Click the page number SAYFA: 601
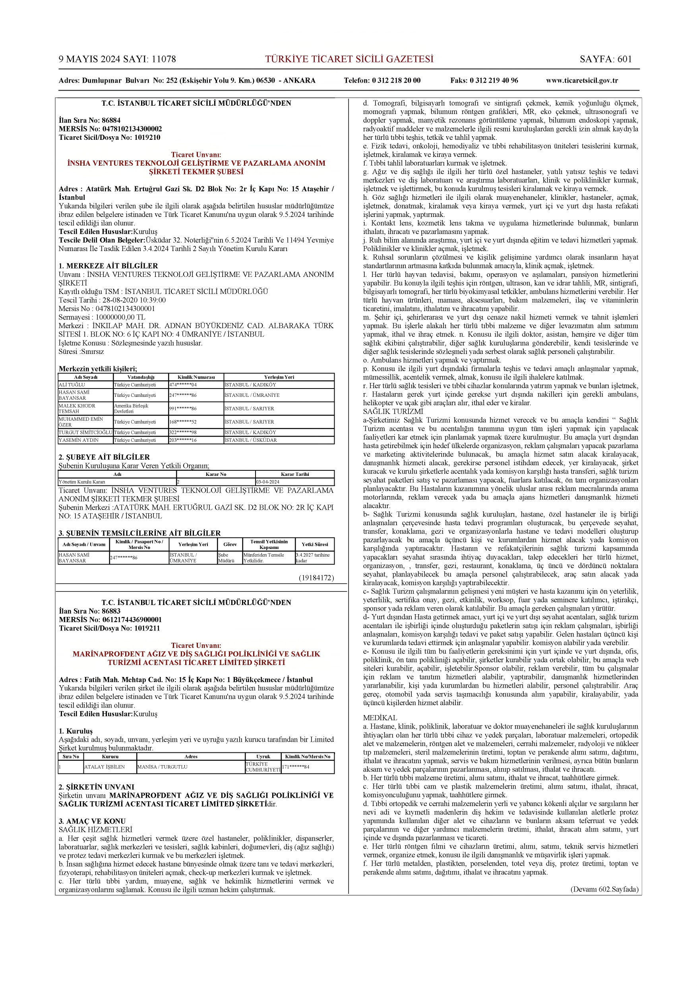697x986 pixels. pyautogui.click(x=606, y=59)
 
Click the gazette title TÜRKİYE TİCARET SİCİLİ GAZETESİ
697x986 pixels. pyautogui.click(x=349, y=59)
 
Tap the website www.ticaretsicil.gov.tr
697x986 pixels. pyautogui.click(x=582, y=80)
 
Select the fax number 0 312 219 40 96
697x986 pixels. pyautogui.click(x=484, y=80)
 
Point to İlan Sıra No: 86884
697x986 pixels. pyautogui.click(x=90, y=120)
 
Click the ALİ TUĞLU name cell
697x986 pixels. pyautogui.click(x=72, y=385)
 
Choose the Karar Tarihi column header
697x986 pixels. pyautogui.click(x=294, y=474)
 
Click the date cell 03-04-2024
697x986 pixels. pyautogui.click(x=268, y=482)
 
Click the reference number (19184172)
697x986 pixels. pyautogui.click(x=316, y=578)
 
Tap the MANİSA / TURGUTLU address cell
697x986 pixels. pyautogui.click(x=163, y=767)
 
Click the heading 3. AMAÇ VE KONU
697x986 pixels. pyautogui.click(x=92, y=821)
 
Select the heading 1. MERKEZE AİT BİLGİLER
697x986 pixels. pyautogui.click(x=108, y=266)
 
